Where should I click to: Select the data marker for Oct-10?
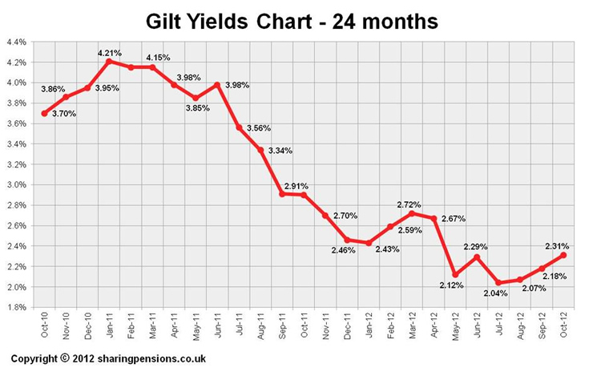44,113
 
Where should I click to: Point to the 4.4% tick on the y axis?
15,41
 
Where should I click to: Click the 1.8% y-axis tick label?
15,307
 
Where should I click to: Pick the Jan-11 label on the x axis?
109,327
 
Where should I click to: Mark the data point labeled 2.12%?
454,274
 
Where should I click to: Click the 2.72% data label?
409,204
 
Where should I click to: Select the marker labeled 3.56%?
239,127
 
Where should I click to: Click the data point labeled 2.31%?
563,255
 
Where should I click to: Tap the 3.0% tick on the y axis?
15,184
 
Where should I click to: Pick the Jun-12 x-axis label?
478,327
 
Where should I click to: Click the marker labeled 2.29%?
477,257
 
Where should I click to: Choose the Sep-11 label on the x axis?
283,327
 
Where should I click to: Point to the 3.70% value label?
64,115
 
